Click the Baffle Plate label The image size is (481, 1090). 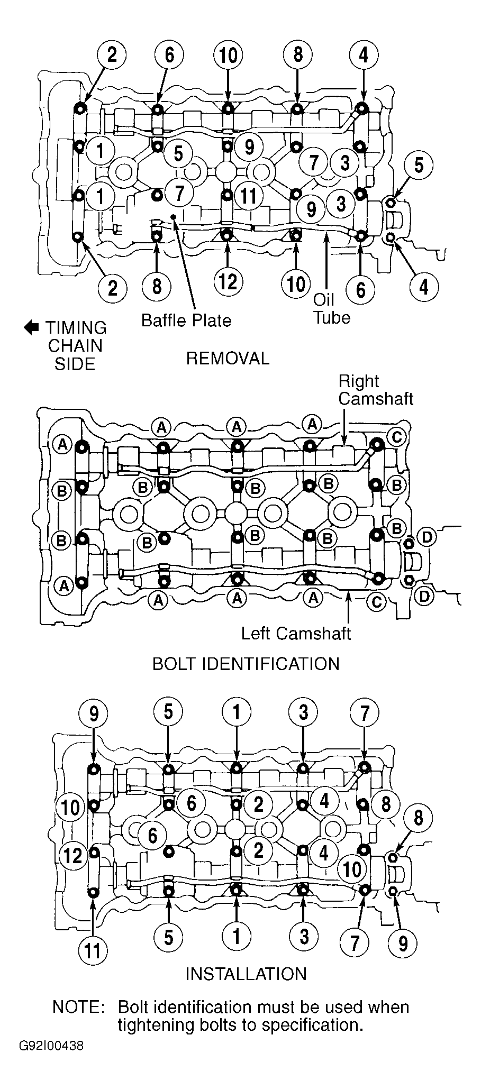(186, 320)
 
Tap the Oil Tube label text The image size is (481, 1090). (331, 309)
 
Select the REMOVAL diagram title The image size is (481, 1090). (228, 359)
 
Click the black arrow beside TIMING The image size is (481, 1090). (31, 328)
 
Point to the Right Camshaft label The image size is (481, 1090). (376, 390)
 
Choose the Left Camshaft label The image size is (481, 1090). (296, 633)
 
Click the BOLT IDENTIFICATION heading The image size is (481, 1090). (246, 664)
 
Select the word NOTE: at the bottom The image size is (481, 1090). (78, 1006)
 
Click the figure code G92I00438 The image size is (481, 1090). (51, 1046)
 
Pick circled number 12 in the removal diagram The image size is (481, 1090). (228, 282)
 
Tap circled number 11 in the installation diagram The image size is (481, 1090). (93, 950)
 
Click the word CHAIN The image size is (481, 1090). (76, 346)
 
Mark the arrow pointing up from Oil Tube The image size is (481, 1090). (326, 262)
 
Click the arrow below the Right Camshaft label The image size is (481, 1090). (345, 426)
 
